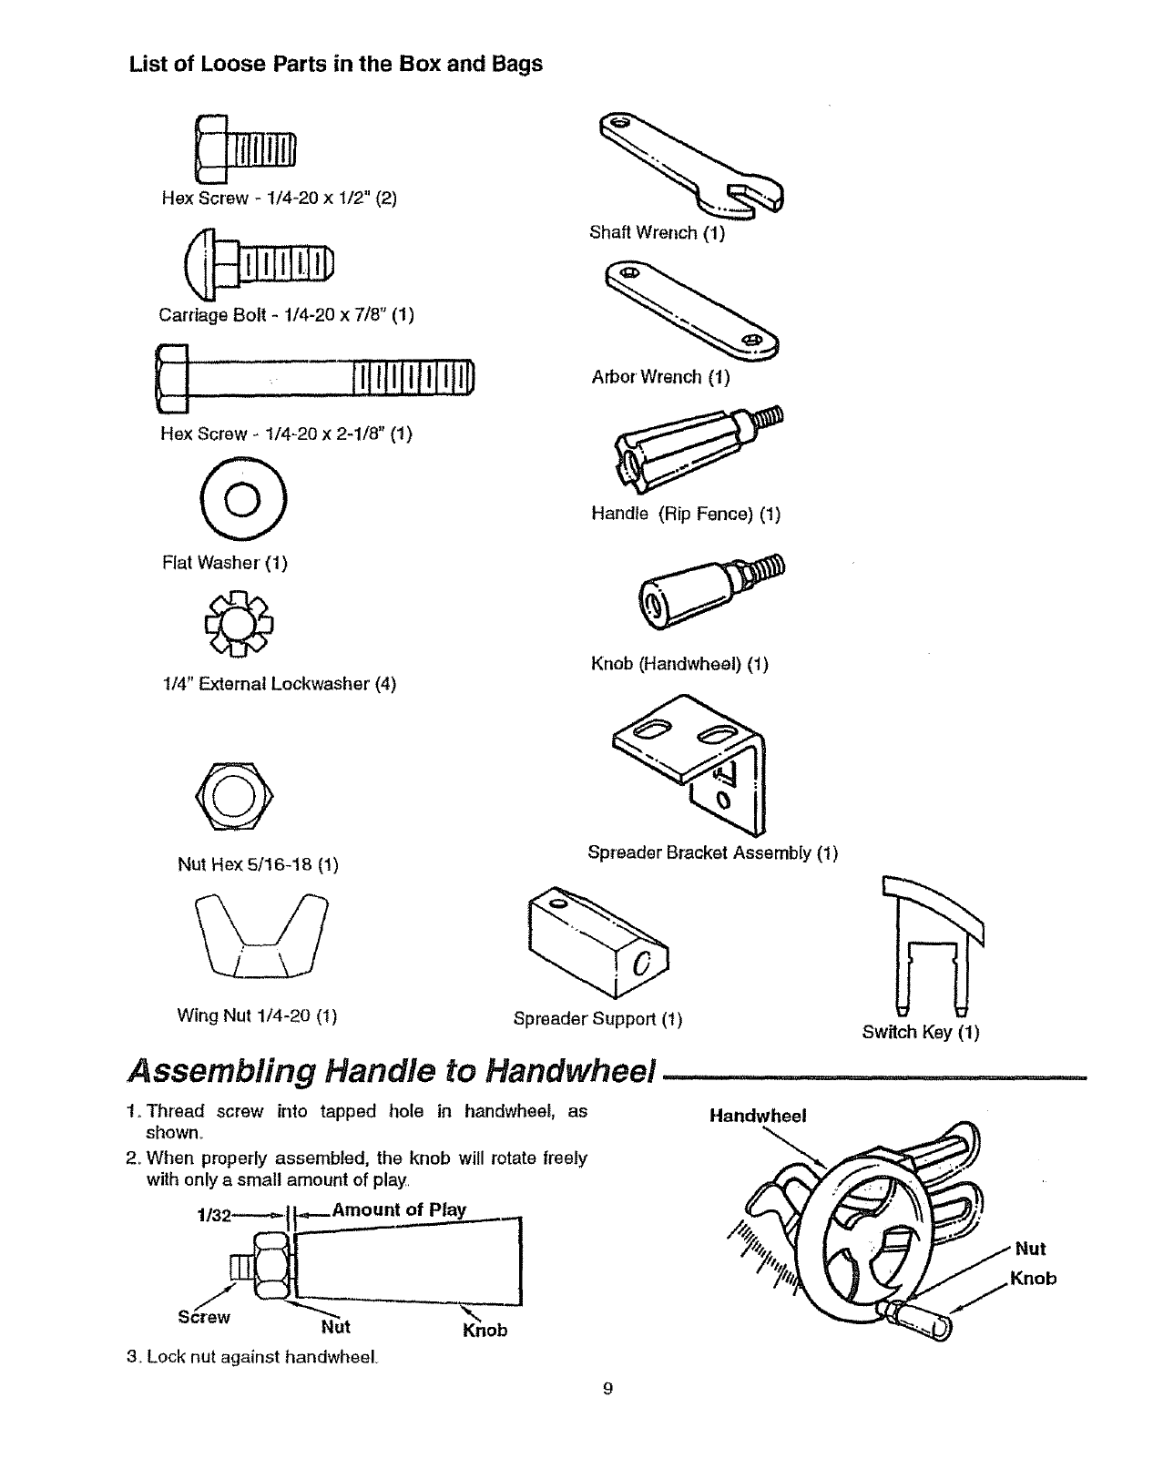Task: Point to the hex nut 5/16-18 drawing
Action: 234,796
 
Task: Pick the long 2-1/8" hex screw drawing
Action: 315,377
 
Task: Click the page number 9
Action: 608,1389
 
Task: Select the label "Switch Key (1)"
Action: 920,1032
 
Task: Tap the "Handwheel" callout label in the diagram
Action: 758,1116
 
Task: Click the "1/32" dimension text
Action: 214,1215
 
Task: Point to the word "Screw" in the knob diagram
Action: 203,1317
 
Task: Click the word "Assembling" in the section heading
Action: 219,1071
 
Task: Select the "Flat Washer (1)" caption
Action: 224,563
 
